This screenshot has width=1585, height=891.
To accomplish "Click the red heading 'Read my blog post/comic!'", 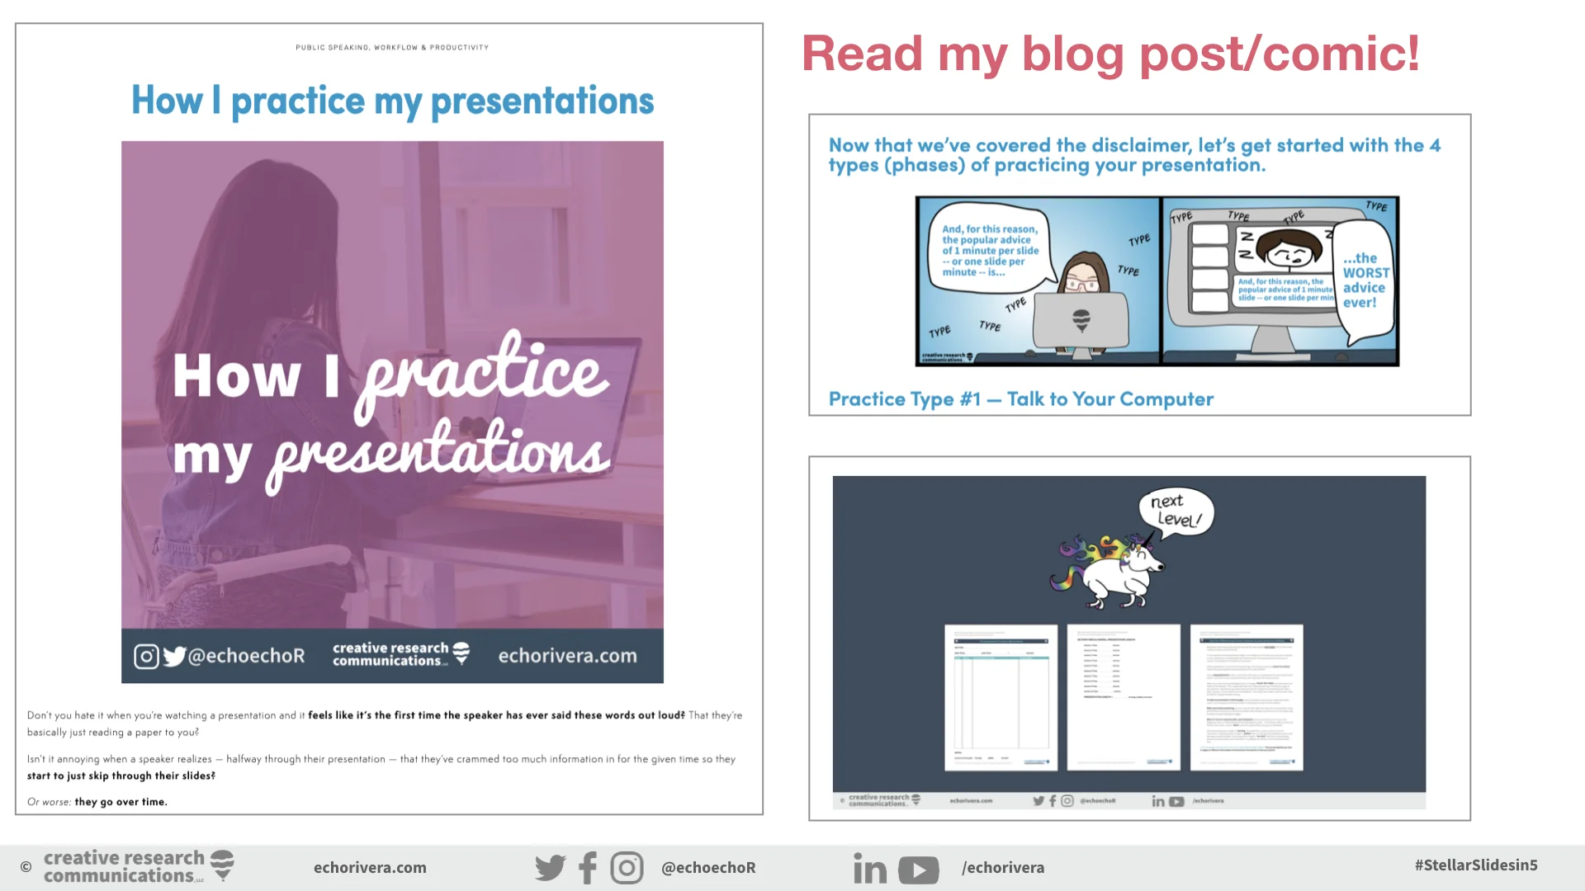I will (x=1110, y=54).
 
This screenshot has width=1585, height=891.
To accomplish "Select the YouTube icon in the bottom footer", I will (x=918, y=870).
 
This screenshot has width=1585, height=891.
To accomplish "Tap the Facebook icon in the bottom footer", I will (x=588, y=868).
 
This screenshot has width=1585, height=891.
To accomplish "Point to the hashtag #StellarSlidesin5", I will (x=1475, y=865).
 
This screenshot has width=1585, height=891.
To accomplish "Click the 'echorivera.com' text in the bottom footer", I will (x=370, y=868).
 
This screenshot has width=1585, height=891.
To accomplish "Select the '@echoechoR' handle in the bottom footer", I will (x=708, y=868).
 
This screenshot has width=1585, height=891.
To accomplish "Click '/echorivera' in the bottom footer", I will (x=1002, y=868).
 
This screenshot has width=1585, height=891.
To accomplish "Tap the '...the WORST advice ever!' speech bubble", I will (x=1365, y=280).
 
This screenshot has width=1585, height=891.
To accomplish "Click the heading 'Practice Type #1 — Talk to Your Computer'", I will (x=1020, y=399).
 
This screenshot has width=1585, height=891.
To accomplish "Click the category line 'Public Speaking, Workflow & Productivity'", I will (x=392, y=48).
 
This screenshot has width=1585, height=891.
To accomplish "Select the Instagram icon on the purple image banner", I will (x=146, y=657).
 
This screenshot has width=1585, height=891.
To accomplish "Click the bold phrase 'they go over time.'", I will (x=121, y=802).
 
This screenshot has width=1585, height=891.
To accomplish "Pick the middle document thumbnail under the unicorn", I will (x=1123, y=697).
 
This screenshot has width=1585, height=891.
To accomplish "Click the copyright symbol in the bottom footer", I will (x=26, y=867).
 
